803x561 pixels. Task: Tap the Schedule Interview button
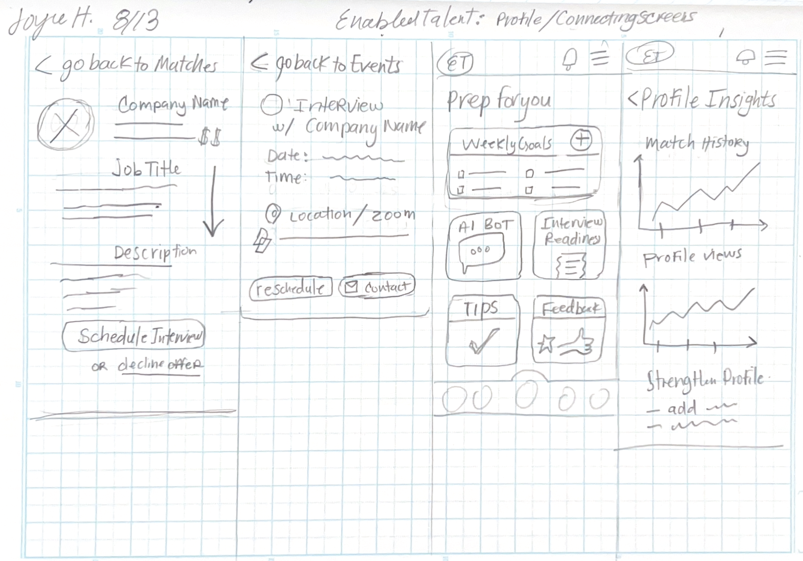[134, 336]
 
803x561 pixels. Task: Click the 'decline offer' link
[160, 364]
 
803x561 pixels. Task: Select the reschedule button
[290, 289]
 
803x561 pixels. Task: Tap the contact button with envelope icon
[377, 287]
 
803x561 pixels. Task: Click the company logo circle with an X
[65, 124]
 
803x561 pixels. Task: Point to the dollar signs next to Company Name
[210, 138]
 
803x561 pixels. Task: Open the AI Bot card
[483, 246]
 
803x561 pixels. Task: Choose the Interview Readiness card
[569, 245]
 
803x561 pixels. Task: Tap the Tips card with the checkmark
[482, 330]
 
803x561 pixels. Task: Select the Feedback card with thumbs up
[569, 330]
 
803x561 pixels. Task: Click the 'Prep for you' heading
[499, 101]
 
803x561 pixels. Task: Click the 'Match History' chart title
[696, 144]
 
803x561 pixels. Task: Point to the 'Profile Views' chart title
[692, 257]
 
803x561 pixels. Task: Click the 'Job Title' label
[146, 168]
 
